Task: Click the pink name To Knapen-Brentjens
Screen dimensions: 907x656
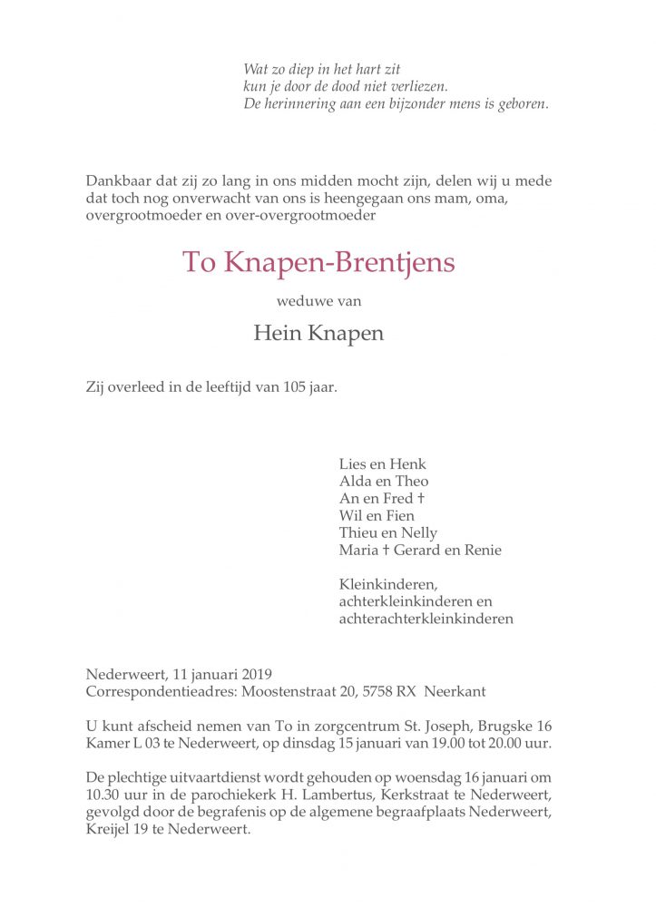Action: (x=318, y=263)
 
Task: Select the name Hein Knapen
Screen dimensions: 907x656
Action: (x=318, y=333)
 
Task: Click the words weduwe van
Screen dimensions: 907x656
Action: (x=318, y=301)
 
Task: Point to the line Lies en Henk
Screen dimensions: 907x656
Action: (x=382, y=464)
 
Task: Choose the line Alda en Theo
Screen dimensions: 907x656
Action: (x=384, y=482)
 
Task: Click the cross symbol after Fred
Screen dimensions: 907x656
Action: (x=421, y=499)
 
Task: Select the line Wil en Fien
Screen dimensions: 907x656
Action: (x=377, y=516)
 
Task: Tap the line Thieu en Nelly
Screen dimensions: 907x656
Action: (x=387, y=533)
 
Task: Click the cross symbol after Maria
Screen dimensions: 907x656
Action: (x=385, y=551)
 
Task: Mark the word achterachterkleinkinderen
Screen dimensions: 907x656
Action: (x=426, y=619)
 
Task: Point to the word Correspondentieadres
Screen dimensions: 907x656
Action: (x=159, y=691)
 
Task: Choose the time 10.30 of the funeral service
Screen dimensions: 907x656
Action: (x=101, y=795)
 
